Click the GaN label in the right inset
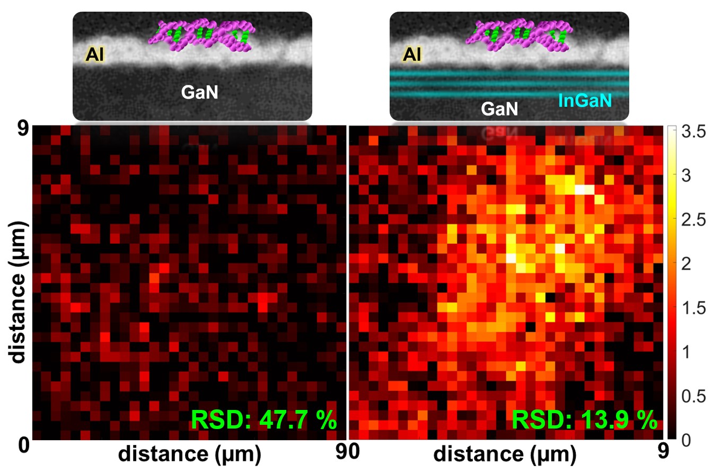tap(499, 109)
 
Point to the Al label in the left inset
tap(94, 54)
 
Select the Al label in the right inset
tap(411, 54)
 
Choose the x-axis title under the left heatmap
tap(189, 454)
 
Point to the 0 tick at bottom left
tap(23, 444)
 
